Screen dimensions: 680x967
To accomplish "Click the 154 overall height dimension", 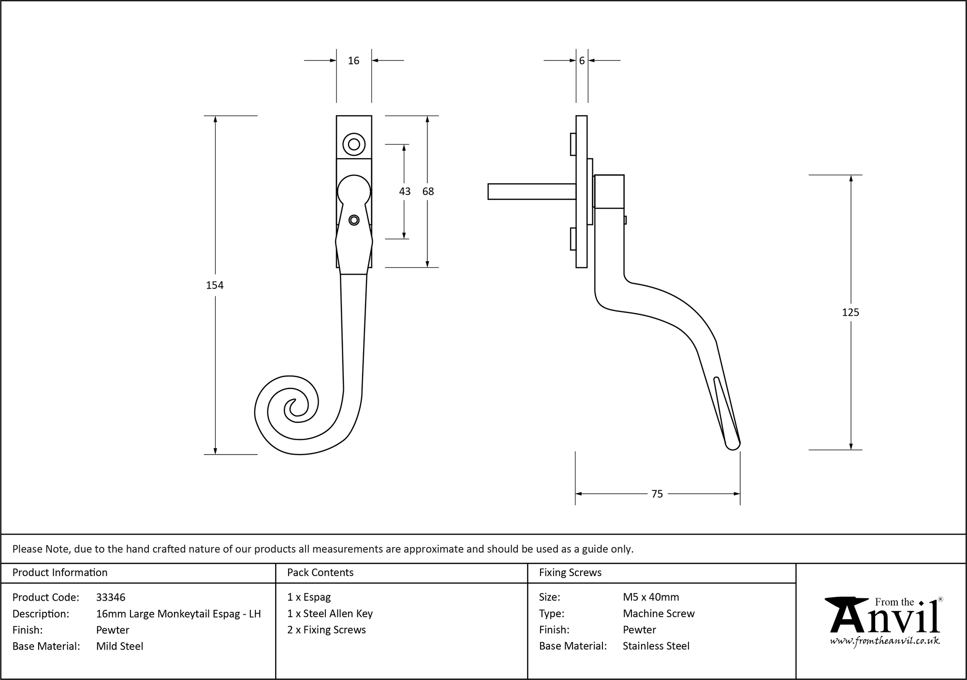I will [x=215, y=285].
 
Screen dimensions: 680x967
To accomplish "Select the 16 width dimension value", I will [x=353, y=60].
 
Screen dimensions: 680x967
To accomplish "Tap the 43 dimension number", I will [x=404, y=192].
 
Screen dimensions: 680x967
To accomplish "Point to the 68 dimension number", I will [x=428, y=192].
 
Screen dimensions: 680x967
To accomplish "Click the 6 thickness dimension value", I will [x=582, y=60].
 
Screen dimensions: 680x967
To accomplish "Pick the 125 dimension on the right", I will [x=850, y=312].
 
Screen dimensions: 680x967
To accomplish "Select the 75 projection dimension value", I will [x=657, y=494].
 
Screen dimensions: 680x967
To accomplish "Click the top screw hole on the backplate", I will [x=354, y=144].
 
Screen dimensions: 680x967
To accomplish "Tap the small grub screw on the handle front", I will [x=354, y=220].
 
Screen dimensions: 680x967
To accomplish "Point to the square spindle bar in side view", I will [x=531, y=192].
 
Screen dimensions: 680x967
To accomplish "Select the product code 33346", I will [x=111, y=597].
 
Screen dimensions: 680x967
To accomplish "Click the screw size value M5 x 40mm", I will [x=651, y=597].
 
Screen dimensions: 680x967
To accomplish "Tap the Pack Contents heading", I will [x=320, y=573].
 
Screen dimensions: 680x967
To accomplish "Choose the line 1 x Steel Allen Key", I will [x=330, y=614].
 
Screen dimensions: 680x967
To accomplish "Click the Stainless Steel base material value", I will [x=656, y=646].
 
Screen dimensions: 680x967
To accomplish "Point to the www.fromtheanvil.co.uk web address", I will [x=885, y=641].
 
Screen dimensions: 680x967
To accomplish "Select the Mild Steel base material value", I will [x=119, y=646].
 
